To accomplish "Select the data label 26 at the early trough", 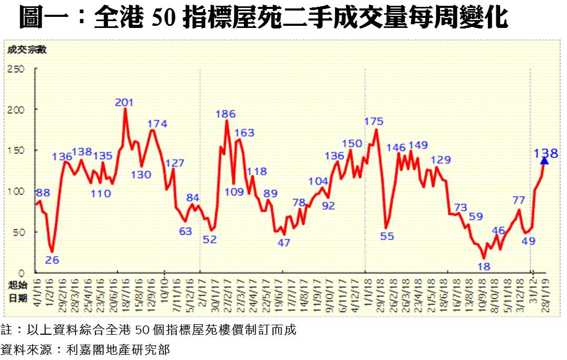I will click(x=52, y=259).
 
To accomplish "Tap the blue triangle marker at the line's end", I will click(x=545, y=161).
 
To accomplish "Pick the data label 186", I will click(x=226, y=114).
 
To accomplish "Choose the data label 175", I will click(x=374, y=122).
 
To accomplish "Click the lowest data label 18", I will click(x=483, y=267).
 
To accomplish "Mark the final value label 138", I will click(x=546, y=153).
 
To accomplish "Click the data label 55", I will click(x=387, y=236).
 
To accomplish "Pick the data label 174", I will click(x=157, y=124).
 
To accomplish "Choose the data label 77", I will click(x=519, y=200).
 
